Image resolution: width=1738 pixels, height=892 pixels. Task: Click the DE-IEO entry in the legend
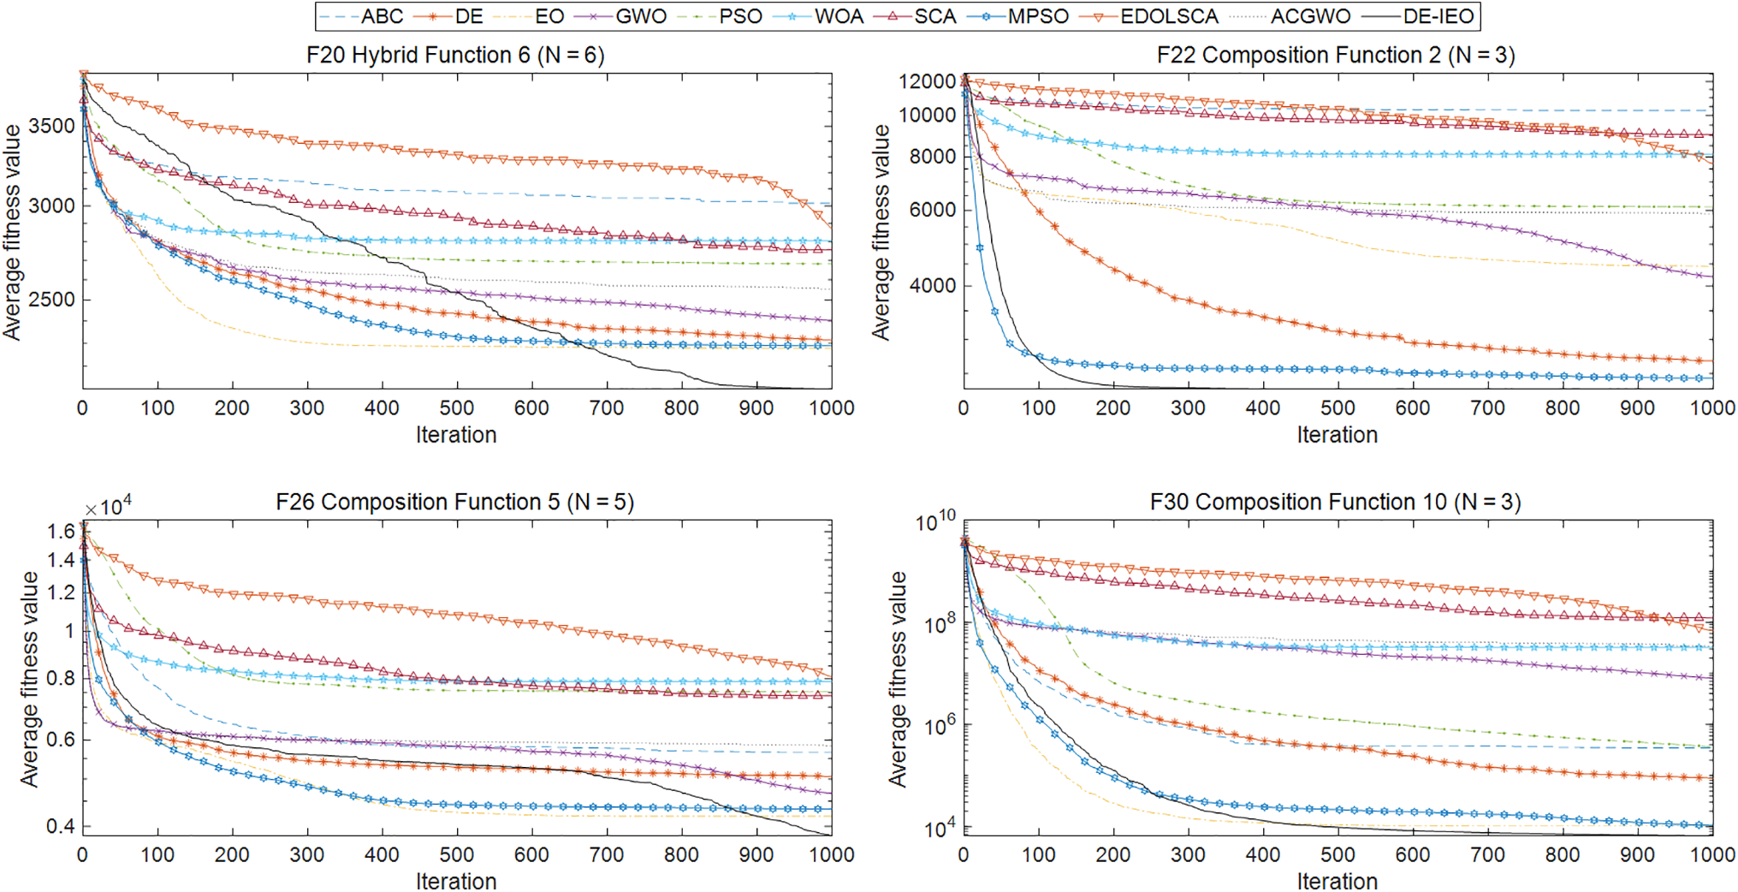click(1438, 16)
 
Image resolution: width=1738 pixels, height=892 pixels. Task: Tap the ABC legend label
click(382, 16)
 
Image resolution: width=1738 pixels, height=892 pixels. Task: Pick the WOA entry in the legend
click(839, 16)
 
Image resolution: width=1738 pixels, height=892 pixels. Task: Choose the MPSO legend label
click(1037, 16)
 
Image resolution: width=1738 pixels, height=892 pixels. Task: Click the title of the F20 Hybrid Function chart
click(455, 56)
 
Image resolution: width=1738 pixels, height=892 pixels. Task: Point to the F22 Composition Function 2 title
click(1336, 56)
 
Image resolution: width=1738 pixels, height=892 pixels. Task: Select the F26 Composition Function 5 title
click(454, 502)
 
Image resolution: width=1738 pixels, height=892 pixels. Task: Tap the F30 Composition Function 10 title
click(1335, 502)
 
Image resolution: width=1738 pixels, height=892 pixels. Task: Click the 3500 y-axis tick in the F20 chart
click(51, 126)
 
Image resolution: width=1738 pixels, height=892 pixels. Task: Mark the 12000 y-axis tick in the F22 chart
click(927, 81)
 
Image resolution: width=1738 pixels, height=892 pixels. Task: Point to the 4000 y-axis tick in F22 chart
click(933, 286)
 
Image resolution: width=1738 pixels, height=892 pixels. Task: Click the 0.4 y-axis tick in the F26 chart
click(61, 827)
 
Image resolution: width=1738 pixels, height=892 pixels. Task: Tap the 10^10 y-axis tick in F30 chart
click(934, 521)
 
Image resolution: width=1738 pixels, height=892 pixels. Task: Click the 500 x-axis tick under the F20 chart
click(456, 408)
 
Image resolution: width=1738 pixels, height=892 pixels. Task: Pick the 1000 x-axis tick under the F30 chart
click(1711, 855)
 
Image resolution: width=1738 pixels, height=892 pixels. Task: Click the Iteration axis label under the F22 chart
click(1337, 435)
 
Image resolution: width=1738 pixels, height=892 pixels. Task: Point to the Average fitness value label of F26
click(30, 678)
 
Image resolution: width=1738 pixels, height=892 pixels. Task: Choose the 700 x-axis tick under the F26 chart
click(606, 855)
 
